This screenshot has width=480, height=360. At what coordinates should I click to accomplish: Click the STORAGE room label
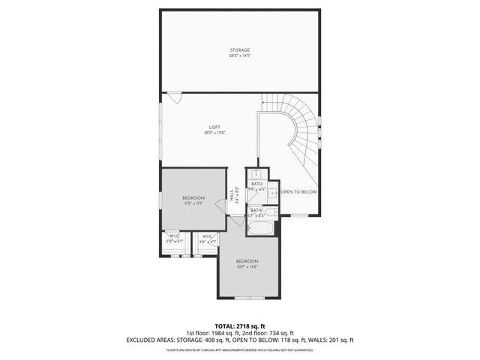click(240, 49)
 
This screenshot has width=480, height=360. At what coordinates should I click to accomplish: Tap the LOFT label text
click(214, 127)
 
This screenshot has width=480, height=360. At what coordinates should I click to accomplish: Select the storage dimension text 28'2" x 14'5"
click(240, 55)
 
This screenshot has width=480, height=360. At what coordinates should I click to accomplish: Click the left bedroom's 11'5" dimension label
click(193, 202)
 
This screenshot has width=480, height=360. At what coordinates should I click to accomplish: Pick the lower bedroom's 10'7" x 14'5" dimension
click(247, 266)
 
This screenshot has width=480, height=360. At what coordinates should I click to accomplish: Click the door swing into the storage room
click(173, 97)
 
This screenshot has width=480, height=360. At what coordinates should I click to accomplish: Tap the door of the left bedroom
click(220, 207)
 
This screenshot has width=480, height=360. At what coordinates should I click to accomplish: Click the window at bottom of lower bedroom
click(246, 298)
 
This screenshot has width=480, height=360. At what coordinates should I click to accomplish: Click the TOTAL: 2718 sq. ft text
click(240, 326)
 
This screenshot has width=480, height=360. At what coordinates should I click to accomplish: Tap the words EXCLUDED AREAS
click(151, 340)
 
